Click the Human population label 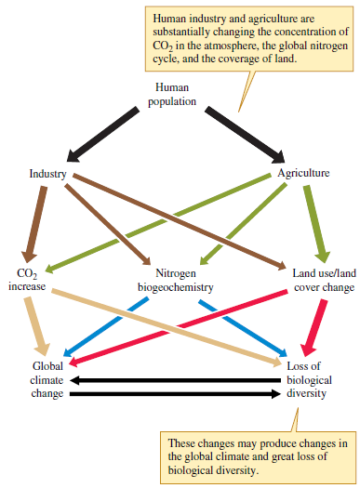pos(172,94)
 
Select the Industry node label pos(47,173)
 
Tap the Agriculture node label pos(303,173)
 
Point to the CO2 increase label pos(26,280)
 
